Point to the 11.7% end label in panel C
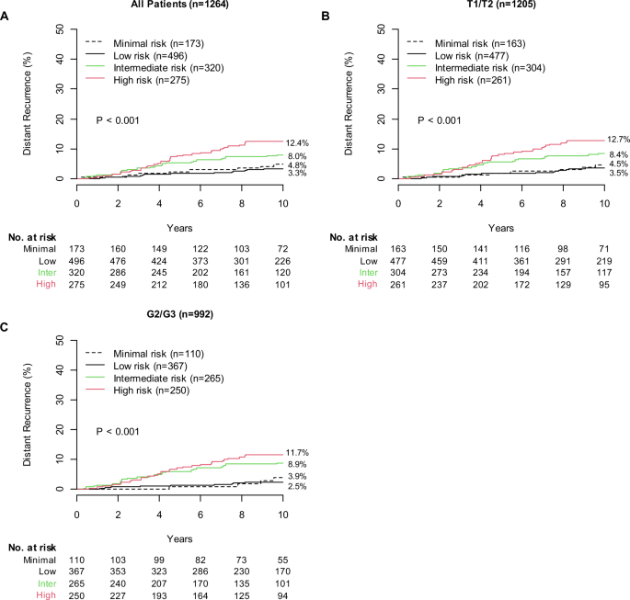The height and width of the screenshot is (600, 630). click(x=299, y=454)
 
